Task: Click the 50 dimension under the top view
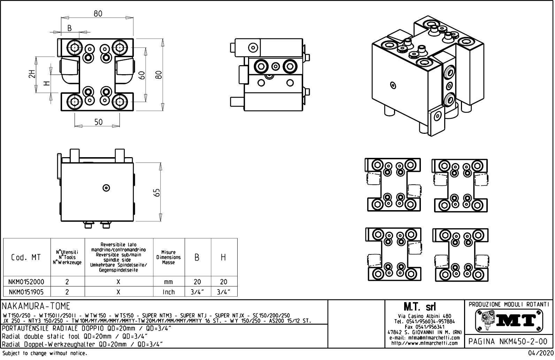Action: (99, 122)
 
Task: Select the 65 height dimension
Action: (157, 192)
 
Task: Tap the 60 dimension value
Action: (141, 75)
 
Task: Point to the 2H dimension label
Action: (32, 74)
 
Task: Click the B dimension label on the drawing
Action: (70, 28)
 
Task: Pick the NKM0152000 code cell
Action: (26, 282)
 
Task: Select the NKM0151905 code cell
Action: (26, 292)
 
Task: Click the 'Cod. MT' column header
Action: (26, 258)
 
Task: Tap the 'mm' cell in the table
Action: (169, 282)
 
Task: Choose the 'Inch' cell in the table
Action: (169, 292)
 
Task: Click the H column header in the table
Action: (223, 258)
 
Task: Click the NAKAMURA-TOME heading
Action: (37, 306)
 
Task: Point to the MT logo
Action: (509, 320)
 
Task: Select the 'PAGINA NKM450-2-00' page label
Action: (508, 342)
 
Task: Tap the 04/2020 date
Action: (540, 353)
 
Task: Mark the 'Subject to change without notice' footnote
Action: (45, 353)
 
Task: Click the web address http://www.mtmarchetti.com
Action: (424, 343)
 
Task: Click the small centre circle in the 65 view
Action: (107, 188)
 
